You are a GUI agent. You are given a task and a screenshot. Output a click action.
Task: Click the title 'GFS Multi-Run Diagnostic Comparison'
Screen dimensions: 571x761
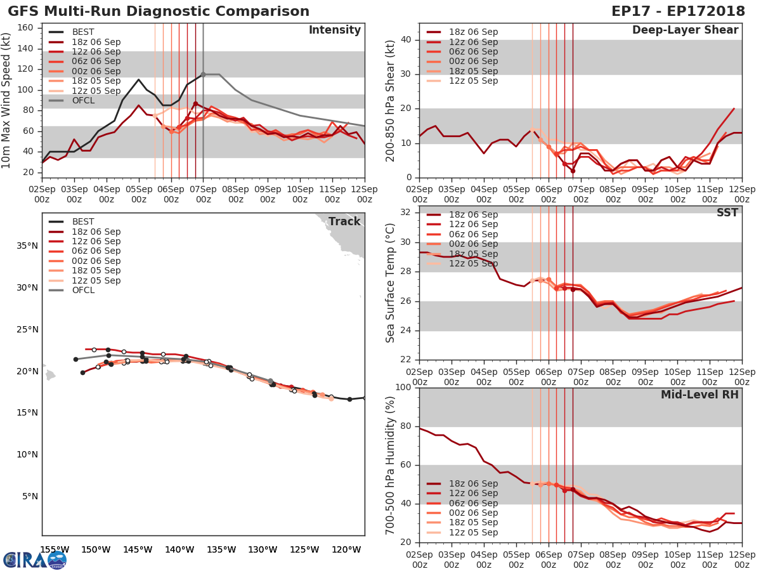(159, 11)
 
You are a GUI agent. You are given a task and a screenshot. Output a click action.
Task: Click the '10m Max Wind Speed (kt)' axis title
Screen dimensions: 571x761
(7, 100)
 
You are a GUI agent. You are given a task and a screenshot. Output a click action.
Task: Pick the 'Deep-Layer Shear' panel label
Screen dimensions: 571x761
(685, 30)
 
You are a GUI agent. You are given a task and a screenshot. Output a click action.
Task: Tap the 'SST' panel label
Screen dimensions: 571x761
(727, 213)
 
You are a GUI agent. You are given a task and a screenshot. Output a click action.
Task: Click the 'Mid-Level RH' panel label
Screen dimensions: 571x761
(699, 395)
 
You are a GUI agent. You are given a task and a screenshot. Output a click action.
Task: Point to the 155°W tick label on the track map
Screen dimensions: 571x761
(55, 549)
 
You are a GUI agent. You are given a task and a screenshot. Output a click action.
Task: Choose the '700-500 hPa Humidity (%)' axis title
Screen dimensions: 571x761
(391, 464)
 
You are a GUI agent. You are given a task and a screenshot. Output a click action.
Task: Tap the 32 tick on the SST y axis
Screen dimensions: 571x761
(406, 211)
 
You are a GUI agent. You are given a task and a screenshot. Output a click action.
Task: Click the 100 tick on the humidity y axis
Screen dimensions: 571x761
(403, 388)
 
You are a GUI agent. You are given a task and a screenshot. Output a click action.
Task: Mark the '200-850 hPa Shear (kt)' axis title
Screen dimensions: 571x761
(391, 100)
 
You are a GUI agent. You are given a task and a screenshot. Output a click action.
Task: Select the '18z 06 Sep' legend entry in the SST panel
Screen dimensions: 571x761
(473, 215)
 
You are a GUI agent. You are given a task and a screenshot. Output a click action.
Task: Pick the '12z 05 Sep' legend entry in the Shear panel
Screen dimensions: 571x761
(473, 81)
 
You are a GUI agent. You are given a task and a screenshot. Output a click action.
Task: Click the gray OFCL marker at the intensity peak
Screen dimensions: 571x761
(203, 74)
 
